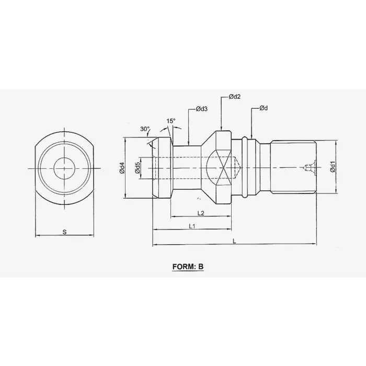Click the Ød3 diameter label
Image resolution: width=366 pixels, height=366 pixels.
(x=202, y=109)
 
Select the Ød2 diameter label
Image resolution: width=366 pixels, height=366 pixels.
(x=234, y=97)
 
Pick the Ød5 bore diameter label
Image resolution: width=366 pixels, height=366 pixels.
(x=136, y=168)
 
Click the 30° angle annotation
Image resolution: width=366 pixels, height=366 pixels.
(x=144, y=129)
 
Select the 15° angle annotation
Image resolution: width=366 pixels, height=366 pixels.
(x=170, y=121)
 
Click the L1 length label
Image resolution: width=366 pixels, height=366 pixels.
(x=191, y=225)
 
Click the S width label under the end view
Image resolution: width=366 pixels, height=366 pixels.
(x=64, y=232)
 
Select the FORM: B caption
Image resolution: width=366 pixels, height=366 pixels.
(x=188, y=267)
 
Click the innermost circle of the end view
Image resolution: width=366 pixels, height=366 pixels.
(x=64, y=168)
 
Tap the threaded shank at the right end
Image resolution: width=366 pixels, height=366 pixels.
(x=293, y=168)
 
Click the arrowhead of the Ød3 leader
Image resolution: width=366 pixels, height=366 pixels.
(x=188, y=143)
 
